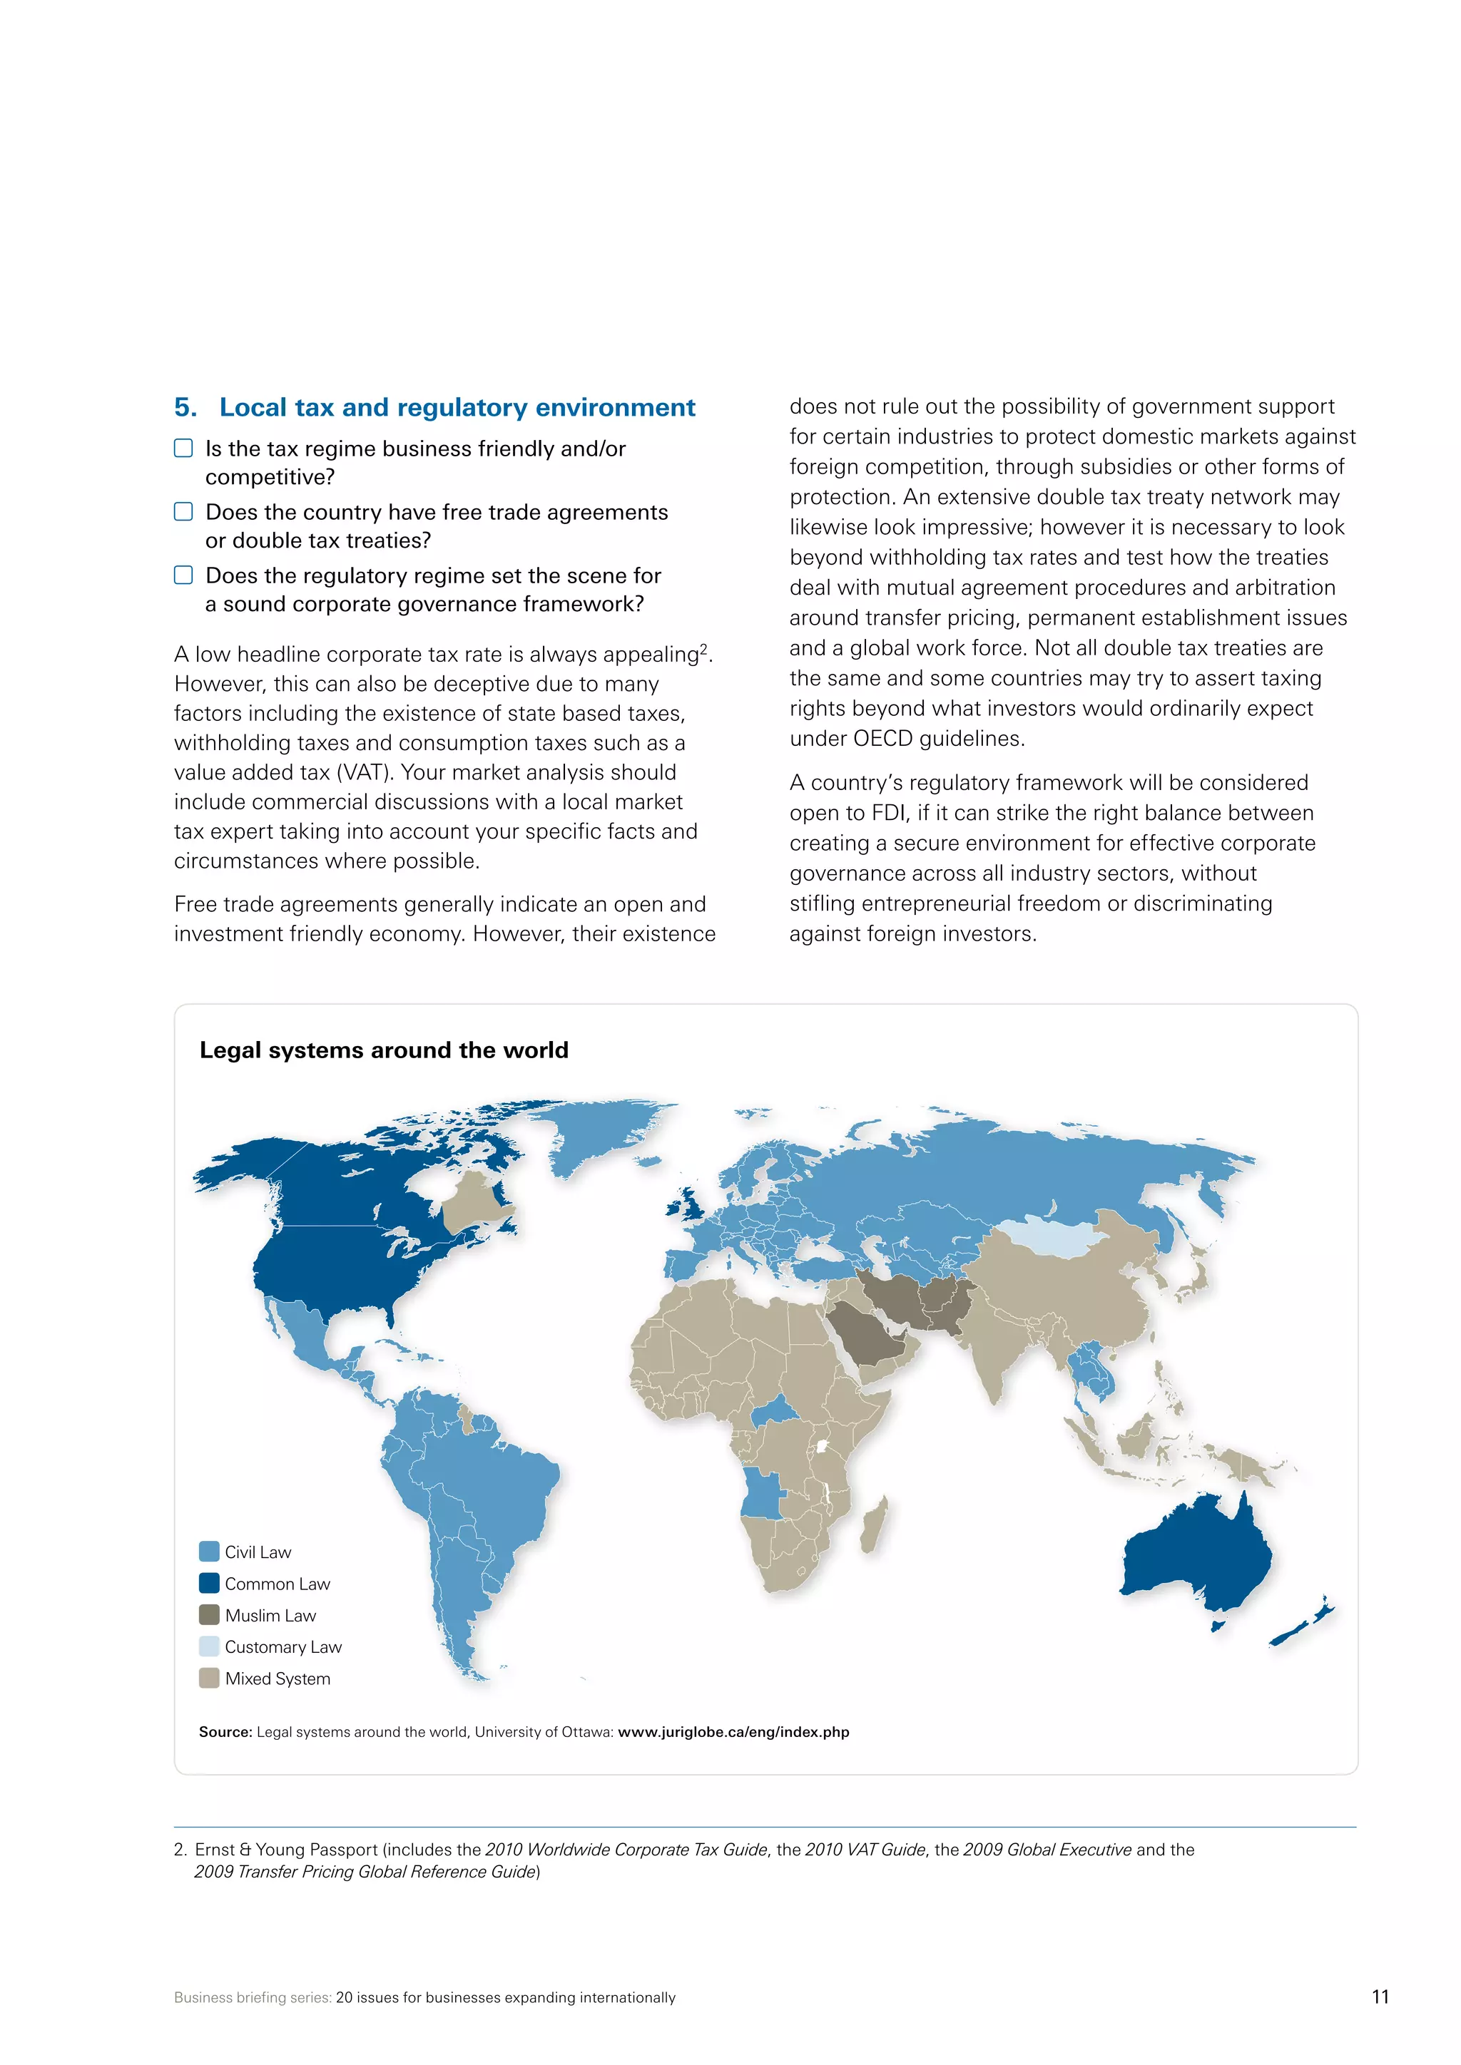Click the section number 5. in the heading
[185, 407]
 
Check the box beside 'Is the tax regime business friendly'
[183, 448]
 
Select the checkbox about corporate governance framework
[183, 575]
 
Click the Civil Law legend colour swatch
[209, 1552]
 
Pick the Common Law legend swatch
[209, 1583]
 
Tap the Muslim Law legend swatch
[209, 1614]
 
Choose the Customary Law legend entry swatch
[209, 1646]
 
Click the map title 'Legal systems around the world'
[383, 1050]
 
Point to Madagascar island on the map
[874, 1525]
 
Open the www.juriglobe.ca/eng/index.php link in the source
[733, 1731]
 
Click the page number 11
[1380, 1997]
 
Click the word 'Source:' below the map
[225, 1731]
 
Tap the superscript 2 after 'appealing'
[703, 648]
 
